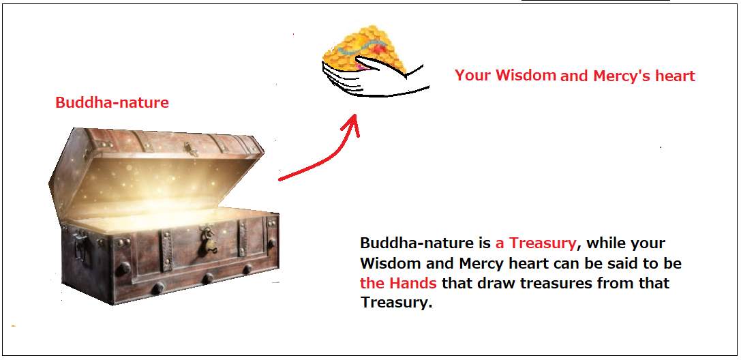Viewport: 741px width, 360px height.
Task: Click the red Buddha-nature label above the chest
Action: click(x=112, y=102)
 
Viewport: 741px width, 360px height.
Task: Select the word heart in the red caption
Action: click(x=675, y=76)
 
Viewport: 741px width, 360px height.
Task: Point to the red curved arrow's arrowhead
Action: click(x=352, y=124)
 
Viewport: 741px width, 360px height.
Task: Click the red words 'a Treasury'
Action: click(x=536, y=243)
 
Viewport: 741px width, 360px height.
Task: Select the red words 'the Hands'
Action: click(x=398, y=283)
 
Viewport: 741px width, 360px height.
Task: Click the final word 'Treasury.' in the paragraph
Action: click(x=397, y=302)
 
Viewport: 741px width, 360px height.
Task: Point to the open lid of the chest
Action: click(x=156, y=170)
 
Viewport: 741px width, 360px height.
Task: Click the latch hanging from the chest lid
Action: click(x=191, y=149)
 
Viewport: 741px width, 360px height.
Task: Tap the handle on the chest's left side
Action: click(x=79, y=245)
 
